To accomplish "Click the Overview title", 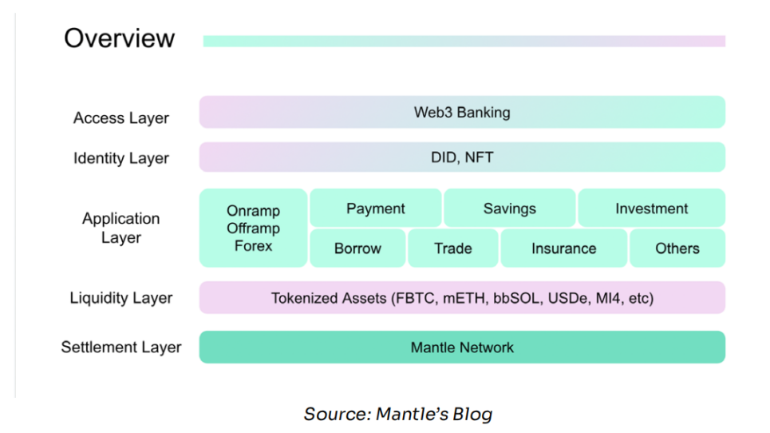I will [x=119, y=38].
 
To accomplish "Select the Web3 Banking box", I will [x=462, y=113].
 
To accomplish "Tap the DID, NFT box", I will [x=462, y=157].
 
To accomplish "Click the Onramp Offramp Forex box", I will [x=253, y=228].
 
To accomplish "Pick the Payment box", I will [x=375, y=209].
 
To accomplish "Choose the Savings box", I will [x=509, y=209].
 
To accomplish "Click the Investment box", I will [x=651, y=209].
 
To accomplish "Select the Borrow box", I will [x=357, y=248].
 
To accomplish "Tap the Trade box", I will [x=452, y=248].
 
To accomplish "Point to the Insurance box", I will [x=563, y=248].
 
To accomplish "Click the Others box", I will [x=677, y=248].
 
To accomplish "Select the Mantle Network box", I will [x=462, y=348].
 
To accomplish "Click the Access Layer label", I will [x=121, y=118].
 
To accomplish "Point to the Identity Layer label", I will [x=121, y=158].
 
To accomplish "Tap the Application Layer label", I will [x=121, y=228].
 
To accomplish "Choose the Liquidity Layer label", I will [x=121, y=299].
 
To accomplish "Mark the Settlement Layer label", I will [x=121, y=348].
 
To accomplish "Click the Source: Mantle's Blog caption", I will [x=397, y=414].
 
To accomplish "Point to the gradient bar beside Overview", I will [x=464, y=41].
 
